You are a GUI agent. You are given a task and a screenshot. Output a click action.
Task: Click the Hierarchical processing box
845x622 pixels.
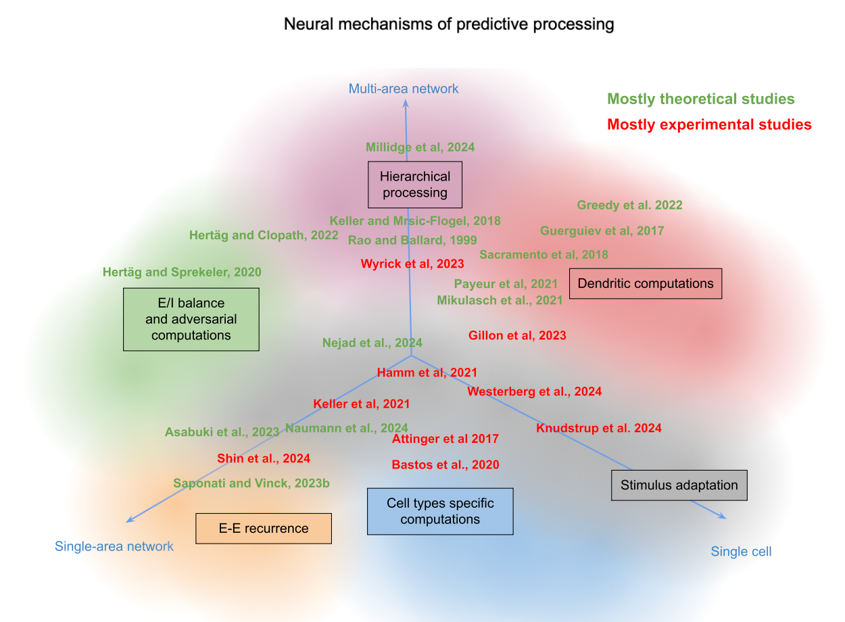(414, 185)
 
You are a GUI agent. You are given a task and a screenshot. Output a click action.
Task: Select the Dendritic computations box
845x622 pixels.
(646, 283)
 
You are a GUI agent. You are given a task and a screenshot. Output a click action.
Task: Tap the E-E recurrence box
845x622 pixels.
(264, 529)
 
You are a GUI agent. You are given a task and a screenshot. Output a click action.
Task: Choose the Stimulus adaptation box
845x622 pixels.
(679, 485)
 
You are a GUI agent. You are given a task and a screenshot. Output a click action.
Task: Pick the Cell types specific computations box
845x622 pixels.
(440, 511)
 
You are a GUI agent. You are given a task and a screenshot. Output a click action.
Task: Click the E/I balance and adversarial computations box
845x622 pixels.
(191, 319)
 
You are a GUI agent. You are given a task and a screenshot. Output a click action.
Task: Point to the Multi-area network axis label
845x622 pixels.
(404, 89)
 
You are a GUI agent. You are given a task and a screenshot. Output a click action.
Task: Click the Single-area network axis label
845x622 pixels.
(114, 546)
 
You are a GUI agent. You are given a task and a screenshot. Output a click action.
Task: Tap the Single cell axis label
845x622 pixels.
(741, 552)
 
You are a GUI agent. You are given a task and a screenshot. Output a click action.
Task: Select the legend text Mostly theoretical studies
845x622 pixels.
(700, 99)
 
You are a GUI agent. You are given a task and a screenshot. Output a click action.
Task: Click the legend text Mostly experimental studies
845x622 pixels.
(709, 124)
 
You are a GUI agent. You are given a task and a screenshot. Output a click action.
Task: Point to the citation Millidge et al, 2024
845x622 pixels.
(420, 147)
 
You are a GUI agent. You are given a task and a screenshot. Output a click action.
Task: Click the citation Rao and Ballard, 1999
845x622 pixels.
(412, 240)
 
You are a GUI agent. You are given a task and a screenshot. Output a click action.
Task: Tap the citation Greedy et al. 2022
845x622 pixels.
(629, 206)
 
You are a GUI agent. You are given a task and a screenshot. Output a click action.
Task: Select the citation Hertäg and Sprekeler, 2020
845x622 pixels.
(182, 272)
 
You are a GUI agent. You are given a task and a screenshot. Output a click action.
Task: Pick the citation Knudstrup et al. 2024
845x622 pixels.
(599, 428)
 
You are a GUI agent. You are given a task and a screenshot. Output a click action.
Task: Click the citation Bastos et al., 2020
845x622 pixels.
(445, 464)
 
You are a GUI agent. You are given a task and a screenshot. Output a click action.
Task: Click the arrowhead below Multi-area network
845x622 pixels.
(406, 103)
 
